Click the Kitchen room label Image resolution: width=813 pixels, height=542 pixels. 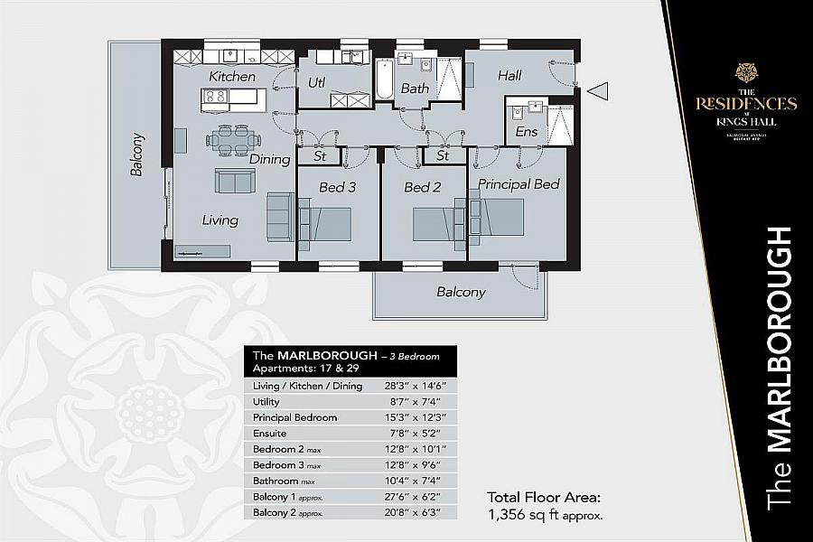click(x=232, y=77)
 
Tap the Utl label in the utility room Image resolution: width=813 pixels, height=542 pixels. click(x=316, y=82)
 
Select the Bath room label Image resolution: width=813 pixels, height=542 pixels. click(x=415, y=89)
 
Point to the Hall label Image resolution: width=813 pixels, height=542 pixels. click(x=509, y=76)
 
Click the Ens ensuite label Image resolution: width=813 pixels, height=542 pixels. click(x=526, y=132)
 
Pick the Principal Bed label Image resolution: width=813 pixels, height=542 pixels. click(x=519, y=184)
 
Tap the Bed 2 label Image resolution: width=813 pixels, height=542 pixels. click(x=422, y=188)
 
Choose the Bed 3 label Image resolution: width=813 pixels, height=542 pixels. click(x=338, y=188)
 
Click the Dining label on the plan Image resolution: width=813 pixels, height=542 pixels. click(x=269, y=159)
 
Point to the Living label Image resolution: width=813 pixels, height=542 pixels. click(x=220, y=220)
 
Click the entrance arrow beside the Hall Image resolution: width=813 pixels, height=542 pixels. click(x=598, y=89)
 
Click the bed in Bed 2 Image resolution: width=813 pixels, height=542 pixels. click(x=438, y=222)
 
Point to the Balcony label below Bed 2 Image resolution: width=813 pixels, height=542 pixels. click(x=461, y=292)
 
